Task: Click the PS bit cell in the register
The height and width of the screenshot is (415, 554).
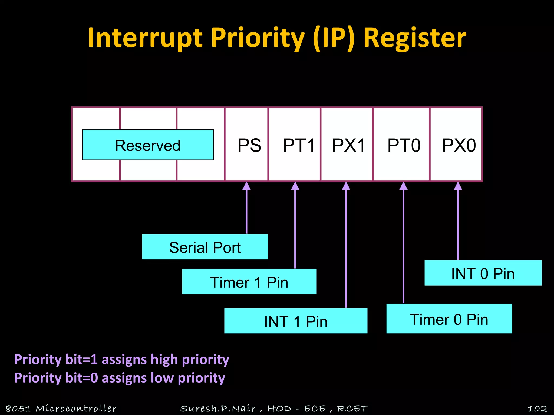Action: pos(249,145)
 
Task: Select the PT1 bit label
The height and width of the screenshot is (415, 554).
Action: pos(299,145)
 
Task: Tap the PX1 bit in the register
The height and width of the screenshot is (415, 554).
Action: pos(348,145)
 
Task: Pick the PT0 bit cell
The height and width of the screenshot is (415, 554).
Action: pos(404,145)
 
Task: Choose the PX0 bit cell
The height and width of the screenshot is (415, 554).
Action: pos(459,145)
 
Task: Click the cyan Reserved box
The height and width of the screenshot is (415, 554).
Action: pos(148,145)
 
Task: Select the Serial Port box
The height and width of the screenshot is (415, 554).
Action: pos(205,247)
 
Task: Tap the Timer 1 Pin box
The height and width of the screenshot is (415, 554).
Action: pos(249,282)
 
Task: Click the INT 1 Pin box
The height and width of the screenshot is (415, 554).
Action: pos(296,321)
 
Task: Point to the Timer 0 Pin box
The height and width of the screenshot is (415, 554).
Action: pos(449,319)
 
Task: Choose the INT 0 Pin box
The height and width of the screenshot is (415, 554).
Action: pos(483,273)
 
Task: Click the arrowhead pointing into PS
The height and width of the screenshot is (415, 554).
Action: pos(246,186)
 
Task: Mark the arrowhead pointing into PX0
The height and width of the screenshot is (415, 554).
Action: pos(458,186)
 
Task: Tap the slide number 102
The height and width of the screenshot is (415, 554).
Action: pos(537,408)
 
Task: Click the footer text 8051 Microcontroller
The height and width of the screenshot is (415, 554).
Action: pos(61,408)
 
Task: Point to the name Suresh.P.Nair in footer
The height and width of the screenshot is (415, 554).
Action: pos(218,408)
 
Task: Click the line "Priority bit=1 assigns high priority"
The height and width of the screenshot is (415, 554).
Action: pos(122,360)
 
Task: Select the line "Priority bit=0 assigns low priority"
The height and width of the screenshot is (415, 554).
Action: pos(120,378)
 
